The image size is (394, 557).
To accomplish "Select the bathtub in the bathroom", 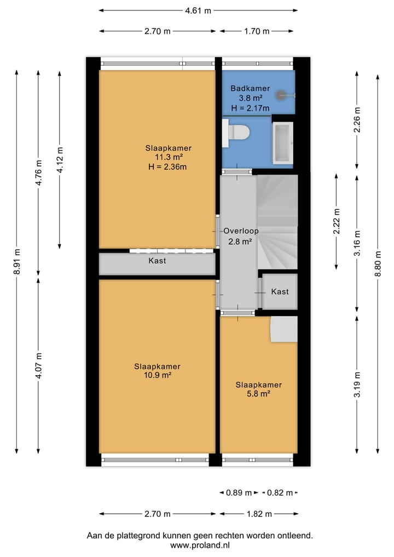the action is point(282,143).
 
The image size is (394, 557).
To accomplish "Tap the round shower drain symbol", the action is point(281,95).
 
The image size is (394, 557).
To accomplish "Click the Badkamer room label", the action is point(250,88).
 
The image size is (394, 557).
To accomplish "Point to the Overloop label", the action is point(241,231).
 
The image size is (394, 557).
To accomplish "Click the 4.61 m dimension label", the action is point(198,10).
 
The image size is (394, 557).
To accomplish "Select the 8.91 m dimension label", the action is point(16,261).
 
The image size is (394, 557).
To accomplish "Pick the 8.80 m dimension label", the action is point(378,263).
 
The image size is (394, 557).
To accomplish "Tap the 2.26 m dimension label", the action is point(357,120).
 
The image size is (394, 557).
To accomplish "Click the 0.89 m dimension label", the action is point(239,493).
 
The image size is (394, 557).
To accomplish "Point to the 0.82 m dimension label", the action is point(280,493).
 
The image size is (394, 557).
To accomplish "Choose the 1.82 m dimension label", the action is point(259,514).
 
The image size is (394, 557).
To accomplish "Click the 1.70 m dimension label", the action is point(257,31).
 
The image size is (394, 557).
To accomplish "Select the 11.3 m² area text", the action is point(169,157).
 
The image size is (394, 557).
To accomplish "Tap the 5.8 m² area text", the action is point(259,394).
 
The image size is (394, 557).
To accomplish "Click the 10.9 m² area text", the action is point(158,375).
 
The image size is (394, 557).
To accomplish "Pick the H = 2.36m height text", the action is point(167,166).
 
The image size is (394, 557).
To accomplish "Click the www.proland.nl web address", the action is point(200,545).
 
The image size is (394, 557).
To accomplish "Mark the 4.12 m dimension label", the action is point(60,160).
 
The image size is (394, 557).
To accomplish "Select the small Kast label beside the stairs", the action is point(280,291).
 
